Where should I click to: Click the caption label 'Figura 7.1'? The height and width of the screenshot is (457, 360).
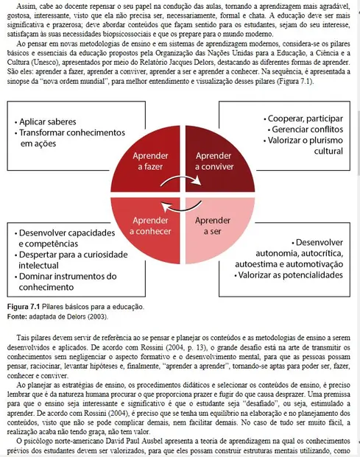coord(22,306)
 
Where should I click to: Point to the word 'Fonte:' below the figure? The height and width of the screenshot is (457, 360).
coord(17,316)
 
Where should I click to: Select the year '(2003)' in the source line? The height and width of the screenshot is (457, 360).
coord(96,316)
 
